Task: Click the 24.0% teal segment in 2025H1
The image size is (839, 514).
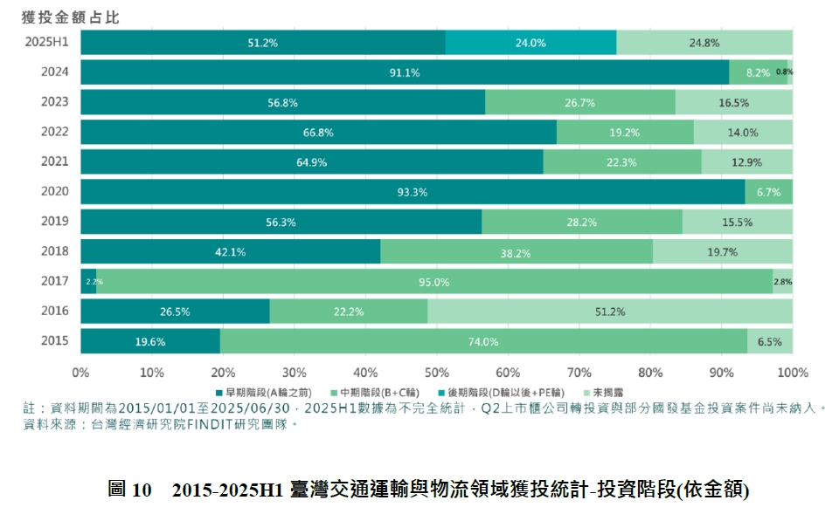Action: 530,43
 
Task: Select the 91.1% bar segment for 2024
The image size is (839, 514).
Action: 405,72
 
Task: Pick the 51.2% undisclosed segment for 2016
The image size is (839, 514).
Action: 610,312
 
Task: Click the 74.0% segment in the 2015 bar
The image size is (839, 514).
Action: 483,341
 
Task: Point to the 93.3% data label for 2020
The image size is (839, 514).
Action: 412,192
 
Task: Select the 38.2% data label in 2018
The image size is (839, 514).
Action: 517,252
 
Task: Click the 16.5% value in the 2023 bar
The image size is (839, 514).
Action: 733,103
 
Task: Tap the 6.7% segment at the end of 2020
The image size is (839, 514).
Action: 768,192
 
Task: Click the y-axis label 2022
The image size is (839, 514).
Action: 54,132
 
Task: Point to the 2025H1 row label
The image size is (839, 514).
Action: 48,42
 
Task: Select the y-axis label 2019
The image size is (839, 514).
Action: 54,222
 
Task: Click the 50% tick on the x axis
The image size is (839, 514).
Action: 437,373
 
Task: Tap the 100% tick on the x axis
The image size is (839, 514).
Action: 792,373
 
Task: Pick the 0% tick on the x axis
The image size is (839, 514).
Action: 80,373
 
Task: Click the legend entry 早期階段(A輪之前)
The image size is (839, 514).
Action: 261,393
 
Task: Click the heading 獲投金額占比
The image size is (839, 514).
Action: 71,16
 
